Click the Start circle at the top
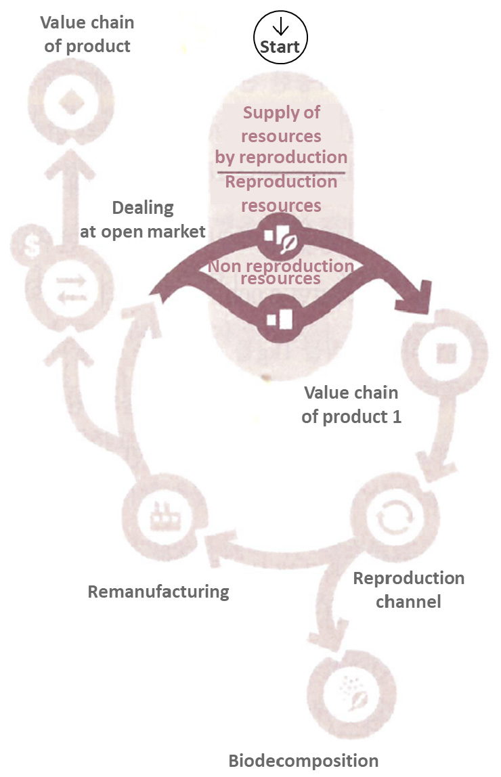(x=280, y=38)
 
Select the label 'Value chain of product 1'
(x=351, y=405)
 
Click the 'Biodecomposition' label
(x=303, y=759)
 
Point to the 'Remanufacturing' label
(x=158, y=592)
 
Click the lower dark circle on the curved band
(x=280, y=318)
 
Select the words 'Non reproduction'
(x=280, y=266)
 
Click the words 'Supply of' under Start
(x=282, y=112)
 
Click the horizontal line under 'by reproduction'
(x=280, y=172)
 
